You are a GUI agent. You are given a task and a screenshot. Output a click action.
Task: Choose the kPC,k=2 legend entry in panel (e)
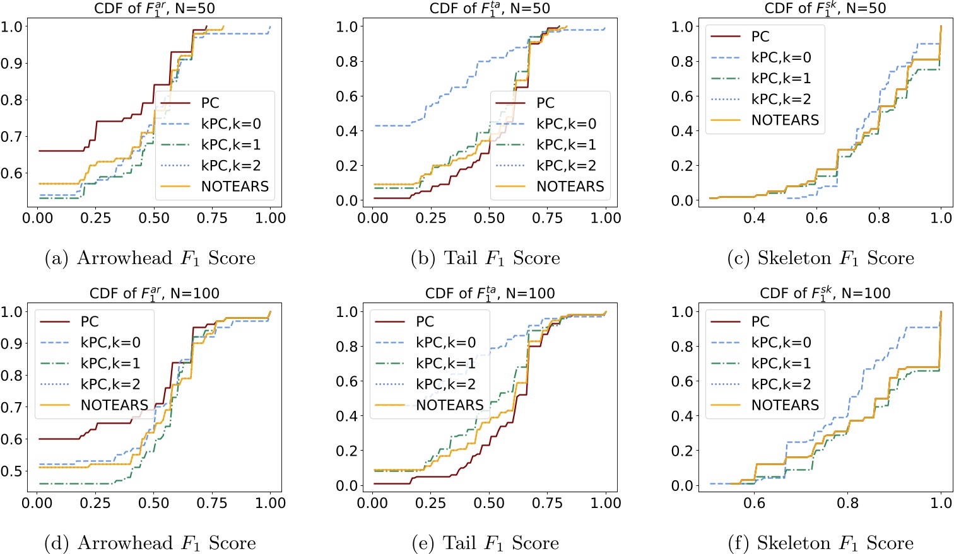pos(445,384)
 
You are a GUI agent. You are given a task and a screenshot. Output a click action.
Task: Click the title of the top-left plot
pos(155,9)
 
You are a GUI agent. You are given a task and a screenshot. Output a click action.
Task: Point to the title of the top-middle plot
pos(490,9)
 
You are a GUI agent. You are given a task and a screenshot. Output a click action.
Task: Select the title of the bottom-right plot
pos(825,293)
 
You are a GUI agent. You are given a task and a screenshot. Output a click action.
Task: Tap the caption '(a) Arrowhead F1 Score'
pos(150,258)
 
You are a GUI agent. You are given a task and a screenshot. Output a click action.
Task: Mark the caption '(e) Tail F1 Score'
pos(485,543)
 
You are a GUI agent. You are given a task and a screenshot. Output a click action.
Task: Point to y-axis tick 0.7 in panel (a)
pos(11,137)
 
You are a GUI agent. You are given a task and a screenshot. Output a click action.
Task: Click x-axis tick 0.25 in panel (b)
pos(431,218)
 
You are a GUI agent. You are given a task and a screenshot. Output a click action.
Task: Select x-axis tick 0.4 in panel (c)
pos(754,218)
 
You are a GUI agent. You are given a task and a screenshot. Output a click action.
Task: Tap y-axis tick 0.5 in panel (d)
pos(11,471)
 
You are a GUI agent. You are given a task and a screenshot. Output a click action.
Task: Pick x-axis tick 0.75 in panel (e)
pos(547,503)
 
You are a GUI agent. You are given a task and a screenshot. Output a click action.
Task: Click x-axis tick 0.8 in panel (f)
pos(847,503)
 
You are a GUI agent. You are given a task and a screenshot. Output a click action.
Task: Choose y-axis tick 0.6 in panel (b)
pos(347,96)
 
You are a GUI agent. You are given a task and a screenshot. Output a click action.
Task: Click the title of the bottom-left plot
pos(155,293)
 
